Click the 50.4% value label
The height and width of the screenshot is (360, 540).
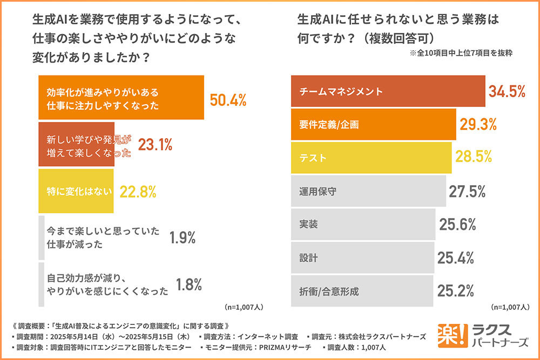tap(227, 100)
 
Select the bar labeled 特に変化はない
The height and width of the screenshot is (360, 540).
tap(76, 191)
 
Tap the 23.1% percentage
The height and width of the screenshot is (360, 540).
tap(155, 145)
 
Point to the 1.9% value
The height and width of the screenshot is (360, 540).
tap(182, 237)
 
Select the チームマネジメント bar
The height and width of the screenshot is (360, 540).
tap(388, 91)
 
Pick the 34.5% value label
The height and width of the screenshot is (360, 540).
tap(507, 91)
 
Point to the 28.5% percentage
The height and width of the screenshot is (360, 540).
tap(473, 157)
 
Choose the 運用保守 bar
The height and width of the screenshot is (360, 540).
tap(368, 191)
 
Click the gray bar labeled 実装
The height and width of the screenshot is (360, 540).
tap(363, 225)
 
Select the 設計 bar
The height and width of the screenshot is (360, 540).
tap(362, 258)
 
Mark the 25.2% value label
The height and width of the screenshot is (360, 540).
tap(456, 291)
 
